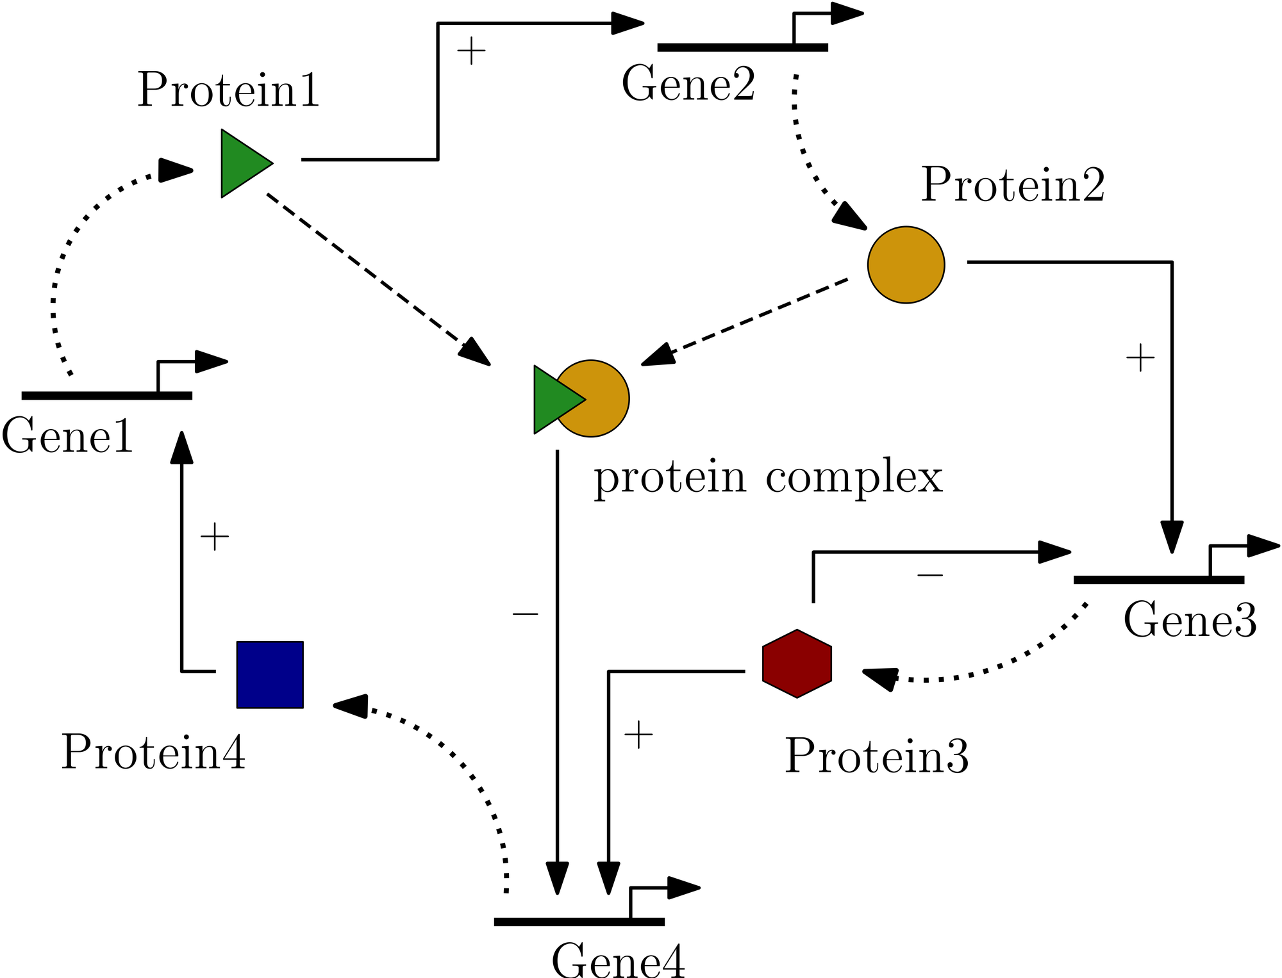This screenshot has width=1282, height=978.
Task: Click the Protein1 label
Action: pos(228,91)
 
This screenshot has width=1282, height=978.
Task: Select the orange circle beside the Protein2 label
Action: pos(906,265)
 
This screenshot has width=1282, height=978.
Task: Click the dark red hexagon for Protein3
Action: pos(797,664)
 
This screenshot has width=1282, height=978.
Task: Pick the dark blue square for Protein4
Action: pos(270,674)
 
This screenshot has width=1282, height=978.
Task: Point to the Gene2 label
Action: pos(688,85)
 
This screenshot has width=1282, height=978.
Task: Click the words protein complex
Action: pos(768,478)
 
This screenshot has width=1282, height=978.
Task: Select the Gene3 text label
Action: pos(1190,620)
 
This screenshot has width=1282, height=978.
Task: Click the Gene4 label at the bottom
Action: pos(618,961)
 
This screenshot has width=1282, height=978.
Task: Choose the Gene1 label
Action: pos(67,436)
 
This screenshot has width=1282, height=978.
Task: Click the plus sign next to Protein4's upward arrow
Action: pos(214,537)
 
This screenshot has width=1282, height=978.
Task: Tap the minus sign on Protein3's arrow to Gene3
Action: pos(929,575)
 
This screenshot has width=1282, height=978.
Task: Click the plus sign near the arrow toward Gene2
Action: pos(471,51)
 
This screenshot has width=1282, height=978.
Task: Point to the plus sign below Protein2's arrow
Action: pos(1140,358)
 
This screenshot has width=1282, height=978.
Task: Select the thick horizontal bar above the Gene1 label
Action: pos(107,396)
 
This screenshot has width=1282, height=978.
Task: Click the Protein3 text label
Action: pos(876,756)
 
